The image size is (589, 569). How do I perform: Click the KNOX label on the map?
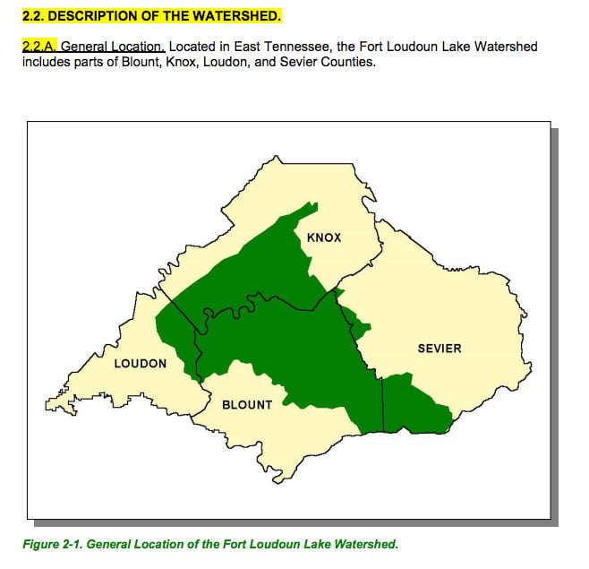point(324,237)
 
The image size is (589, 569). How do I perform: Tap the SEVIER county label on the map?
point(440,348)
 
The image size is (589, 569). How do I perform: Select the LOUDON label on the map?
point(141,363)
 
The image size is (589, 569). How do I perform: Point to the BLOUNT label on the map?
point(247,405)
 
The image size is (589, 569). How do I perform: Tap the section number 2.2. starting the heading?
point(33,16)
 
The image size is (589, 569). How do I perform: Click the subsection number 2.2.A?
point(38,46)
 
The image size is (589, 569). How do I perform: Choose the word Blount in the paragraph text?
point(136,62)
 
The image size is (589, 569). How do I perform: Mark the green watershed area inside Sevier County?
point(414,405)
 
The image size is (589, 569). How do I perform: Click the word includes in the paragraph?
point(46,62)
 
